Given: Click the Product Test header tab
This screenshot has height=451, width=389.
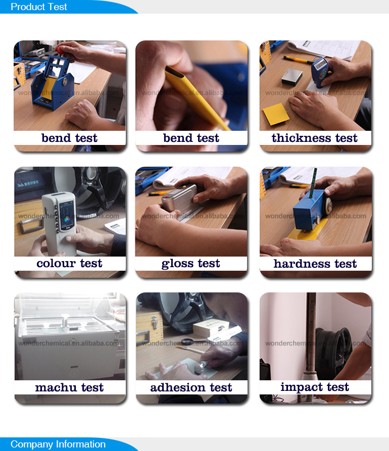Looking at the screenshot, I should coord(39,7).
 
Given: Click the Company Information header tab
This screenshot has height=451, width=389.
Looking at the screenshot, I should coord(58,444).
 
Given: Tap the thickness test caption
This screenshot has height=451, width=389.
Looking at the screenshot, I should coord(314,138).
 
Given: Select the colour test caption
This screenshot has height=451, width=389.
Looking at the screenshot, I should coord(69,263).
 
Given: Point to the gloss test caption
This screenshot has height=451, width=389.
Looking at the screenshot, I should coord(191,264).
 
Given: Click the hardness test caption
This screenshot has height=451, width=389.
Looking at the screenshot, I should coord(315,264).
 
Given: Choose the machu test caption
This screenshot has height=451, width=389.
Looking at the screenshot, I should coord(69,387).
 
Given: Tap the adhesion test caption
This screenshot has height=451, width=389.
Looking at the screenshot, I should coord(191,387).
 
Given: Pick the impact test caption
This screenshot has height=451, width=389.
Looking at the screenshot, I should coord(315,387).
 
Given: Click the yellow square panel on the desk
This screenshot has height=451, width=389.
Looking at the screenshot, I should coord(276,114).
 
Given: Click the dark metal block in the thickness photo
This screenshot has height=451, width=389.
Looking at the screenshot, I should coord(292,77).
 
